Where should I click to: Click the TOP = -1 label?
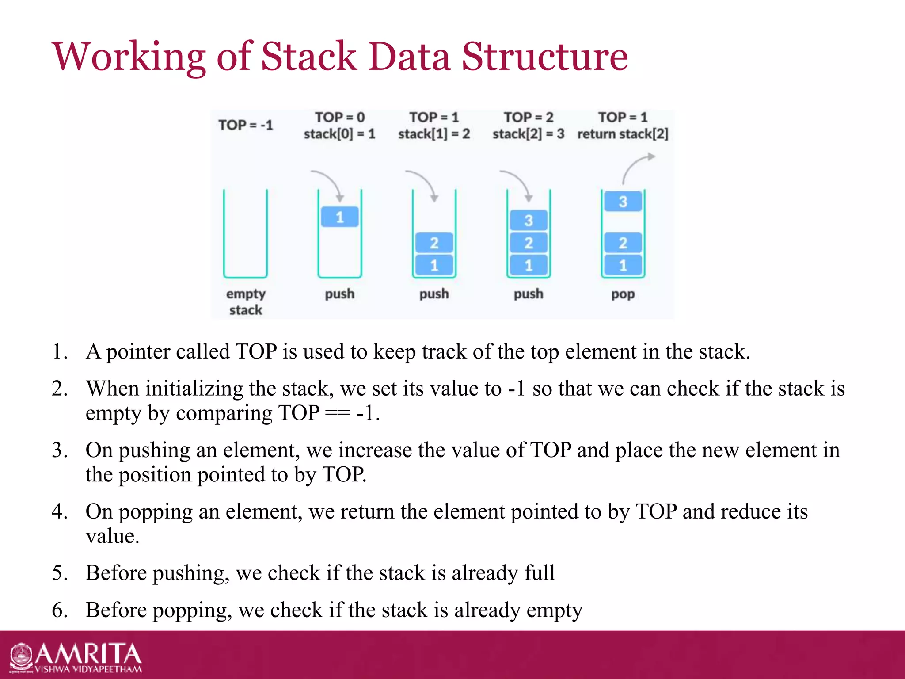pos(246,125)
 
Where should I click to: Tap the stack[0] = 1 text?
pos(339,134)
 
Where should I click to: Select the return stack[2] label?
pos(623,134)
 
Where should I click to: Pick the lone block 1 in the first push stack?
pos(339,217)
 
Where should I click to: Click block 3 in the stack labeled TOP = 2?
pos(529,220)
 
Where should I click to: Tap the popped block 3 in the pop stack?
pos(623,202)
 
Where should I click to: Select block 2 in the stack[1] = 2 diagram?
pos(434,243)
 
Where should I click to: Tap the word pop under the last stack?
pos(623,294)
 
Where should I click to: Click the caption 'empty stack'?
pos(246,302)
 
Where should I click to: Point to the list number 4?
pos(59,512)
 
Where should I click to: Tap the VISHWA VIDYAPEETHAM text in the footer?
pos(88,669)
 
